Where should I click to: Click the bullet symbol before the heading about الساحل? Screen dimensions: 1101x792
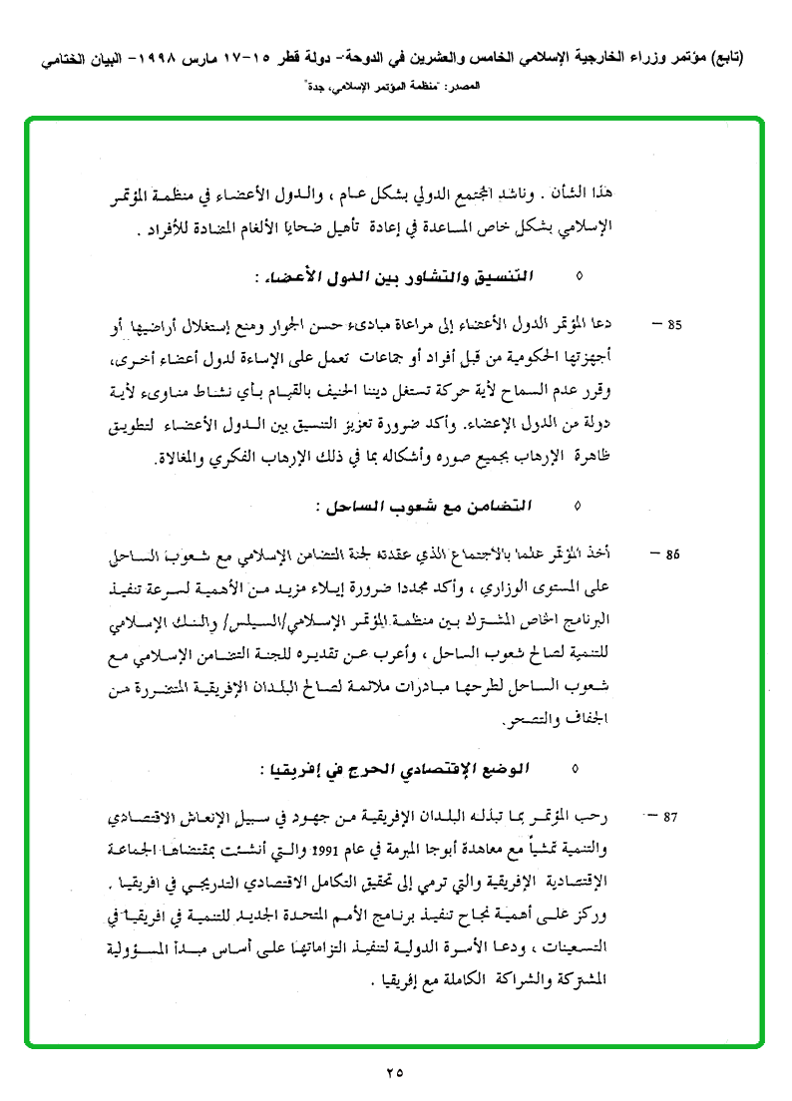pyautogui.click(x=576, y=507)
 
